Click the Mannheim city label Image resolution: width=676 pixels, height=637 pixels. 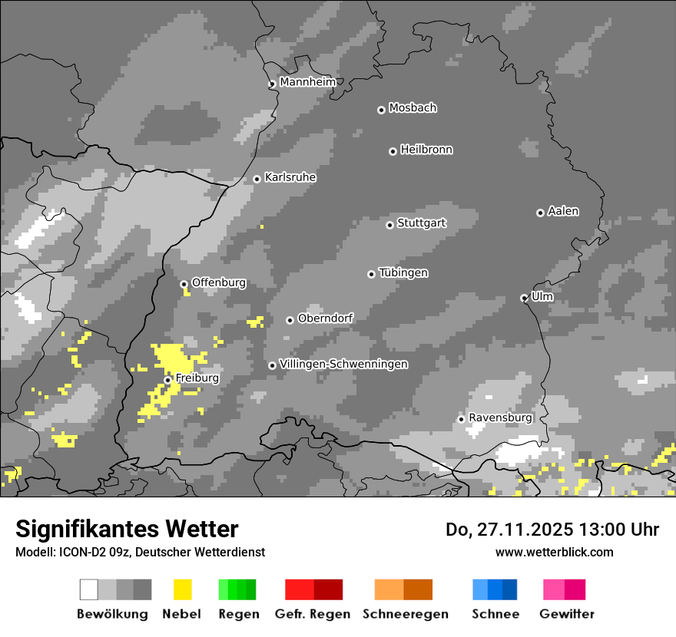click(307, 82)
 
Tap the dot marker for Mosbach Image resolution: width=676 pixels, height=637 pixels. click(381, 110)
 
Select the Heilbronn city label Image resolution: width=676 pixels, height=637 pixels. click(426, 150)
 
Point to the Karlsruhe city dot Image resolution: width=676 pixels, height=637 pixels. click(257, 180)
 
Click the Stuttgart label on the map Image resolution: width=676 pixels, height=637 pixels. click(421, 223)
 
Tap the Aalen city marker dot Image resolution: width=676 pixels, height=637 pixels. click(540, 213)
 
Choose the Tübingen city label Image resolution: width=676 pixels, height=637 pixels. click(403, 273)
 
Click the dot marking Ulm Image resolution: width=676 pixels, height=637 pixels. click(524, 298)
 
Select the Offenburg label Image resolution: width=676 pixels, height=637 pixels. click(219, 282)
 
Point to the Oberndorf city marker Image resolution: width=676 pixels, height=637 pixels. click(290, 320)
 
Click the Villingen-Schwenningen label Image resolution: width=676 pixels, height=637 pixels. click(343, 364)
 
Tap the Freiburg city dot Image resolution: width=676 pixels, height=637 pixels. click(167, 380)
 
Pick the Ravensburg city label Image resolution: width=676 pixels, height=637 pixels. click(500, 418)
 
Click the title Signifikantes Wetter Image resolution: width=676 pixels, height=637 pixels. click(127, 529)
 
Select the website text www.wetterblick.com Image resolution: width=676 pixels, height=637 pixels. click(554, 552)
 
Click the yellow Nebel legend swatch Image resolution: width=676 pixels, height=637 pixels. click(182, 589)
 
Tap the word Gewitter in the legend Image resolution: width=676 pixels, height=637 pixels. click(567, 614)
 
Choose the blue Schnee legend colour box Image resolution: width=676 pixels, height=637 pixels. click(495, 589)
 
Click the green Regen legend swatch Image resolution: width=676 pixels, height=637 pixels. click(237, 589)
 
